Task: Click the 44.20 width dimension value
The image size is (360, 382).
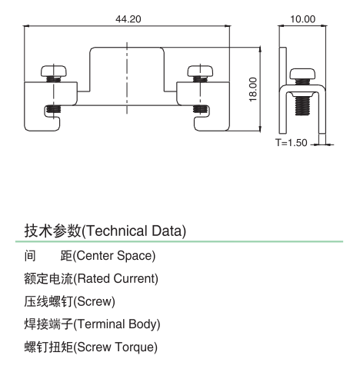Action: [128, 19]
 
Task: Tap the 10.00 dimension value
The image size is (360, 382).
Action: [302, 19]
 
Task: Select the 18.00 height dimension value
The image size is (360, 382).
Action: [253, 89]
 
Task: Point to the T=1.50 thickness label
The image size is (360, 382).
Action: [292, 143]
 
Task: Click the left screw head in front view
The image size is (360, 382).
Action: [54, 71]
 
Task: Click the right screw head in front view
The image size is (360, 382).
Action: [200, 71]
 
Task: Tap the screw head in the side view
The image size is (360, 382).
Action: [302, 74]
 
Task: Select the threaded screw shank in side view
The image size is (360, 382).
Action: [302, 105]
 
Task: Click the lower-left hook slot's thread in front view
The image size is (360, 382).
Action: [54, 110]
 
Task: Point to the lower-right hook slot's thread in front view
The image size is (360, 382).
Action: [200, 109]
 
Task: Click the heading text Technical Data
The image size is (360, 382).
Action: [135, 231]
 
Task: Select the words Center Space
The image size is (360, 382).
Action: [116, 256]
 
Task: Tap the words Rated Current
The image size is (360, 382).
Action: [118, 278]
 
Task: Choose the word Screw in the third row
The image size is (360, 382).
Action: [95, 301]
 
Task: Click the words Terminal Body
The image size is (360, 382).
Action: [118, 324]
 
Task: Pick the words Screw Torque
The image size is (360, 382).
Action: [117, 347]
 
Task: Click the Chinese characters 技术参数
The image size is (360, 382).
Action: [52, 231]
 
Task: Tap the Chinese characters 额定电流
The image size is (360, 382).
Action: [48, 278]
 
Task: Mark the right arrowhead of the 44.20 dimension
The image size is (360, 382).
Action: [228, 26]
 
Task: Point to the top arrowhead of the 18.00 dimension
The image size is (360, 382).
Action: [260, 50]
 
